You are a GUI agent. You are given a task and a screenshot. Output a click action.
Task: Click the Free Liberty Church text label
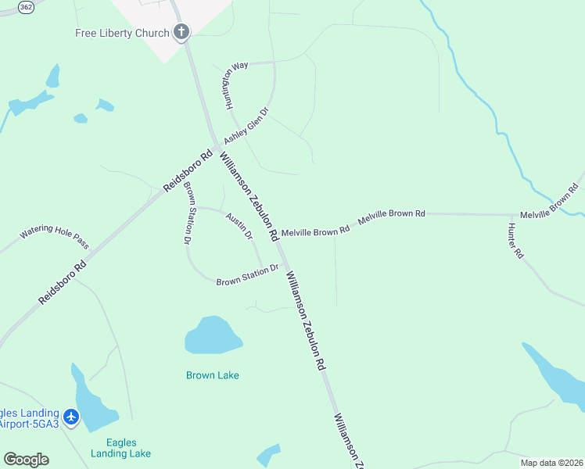pos(122,33)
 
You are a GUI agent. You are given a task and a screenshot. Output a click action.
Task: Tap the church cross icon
pos(181,32)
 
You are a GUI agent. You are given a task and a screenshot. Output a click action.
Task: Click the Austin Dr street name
pos(239,225)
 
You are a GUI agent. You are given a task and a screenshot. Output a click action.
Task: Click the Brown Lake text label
pos(213,375)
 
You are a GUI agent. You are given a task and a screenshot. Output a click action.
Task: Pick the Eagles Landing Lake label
pos(120,448)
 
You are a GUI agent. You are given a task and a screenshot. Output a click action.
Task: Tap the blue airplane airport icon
pos(72,417)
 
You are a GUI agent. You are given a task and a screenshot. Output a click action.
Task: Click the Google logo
pos(26,460)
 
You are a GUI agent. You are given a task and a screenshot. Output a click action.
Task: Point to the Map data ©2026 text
pos(551,462)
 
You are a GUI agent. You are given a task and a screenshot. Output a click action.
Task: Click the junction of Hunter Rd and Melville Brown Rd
pos(512,214)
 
